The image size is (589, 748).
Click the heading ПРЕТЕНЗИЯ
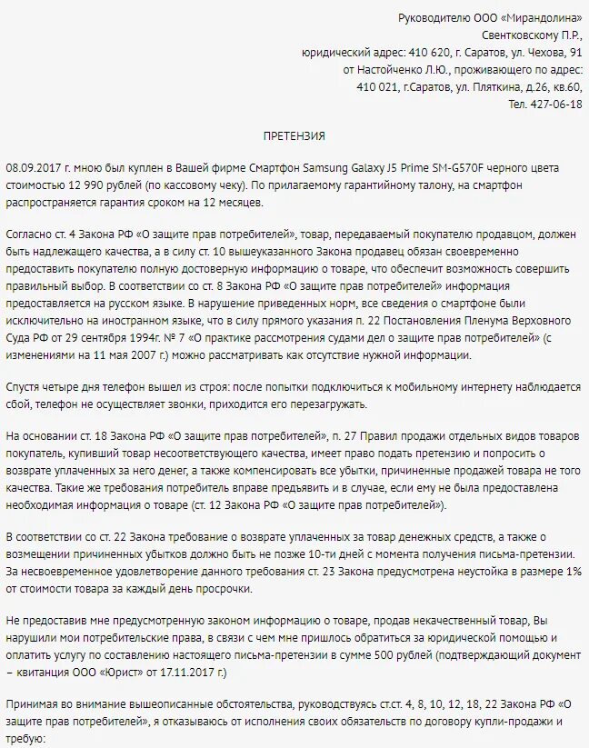294,136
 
